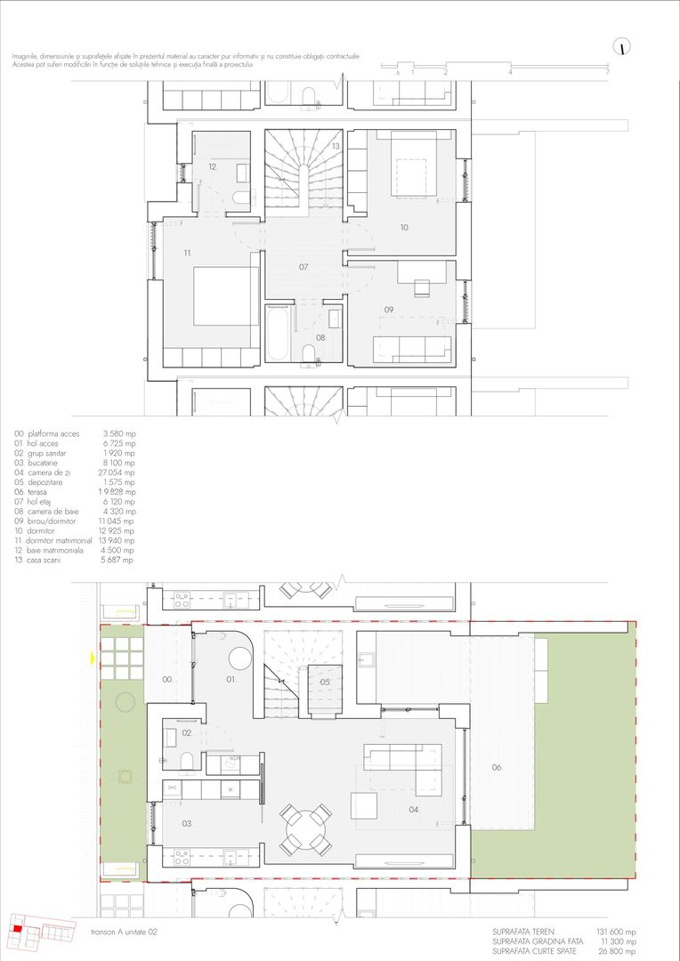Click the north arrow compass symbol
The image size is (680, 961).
point(623,47)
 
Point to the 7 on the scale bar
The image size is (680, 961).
point(607,72)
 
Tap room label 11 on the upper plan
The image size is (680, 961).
point(188,254)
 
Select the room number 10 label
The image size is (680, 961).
point(403,228)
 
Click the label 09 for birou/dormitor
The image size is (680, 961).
point(389,309)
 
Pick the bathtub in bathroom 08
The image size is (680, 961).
point(276,334)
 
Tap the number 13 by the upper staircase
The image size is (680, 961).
point(336,145)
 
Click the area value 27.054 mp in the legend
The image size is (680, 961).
point(119,472)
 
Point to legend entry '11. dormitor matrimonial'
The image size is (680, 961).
point(53,540)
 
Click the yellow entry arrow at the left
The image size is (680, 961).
point(92,658)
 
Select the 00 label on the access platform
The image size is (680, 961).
point(166,679)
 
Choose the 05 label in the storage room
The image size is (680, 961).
point(324,682)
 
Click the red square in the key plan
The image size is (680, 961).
point(15,929)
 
